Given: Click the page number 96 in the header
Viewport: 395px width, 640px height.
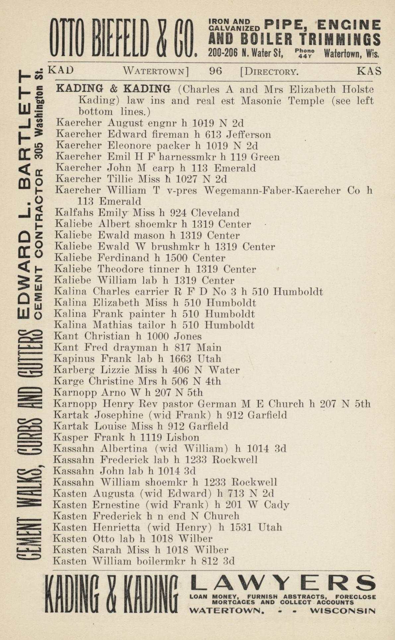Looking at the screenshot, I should pyautogui.click(x=216, y=71).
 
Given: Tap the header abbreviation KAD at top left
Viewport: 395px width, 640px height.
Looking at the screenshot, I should pyautogui.click(x=61, y=70).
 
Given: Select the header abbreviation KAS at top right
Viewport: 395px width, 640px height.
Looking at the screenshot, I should pyautogui.click(x=369, y=71).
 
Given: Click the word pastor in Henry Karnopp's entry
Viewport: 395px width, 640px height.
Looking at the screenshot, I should pyautogui.click(x=178, y=404).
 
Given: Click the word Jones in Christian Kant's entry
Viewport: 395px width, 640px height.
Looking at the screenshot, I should pyautogui.click(x=188, y=337).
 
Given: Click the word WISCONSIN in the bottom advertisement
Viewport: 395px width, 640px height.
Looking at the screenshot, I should pyautogui.click(x=343, y=611).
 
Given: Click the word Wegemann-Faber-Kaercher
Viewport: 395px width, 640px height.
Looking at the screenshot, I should pyautogui.click(x=272, y=191).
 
